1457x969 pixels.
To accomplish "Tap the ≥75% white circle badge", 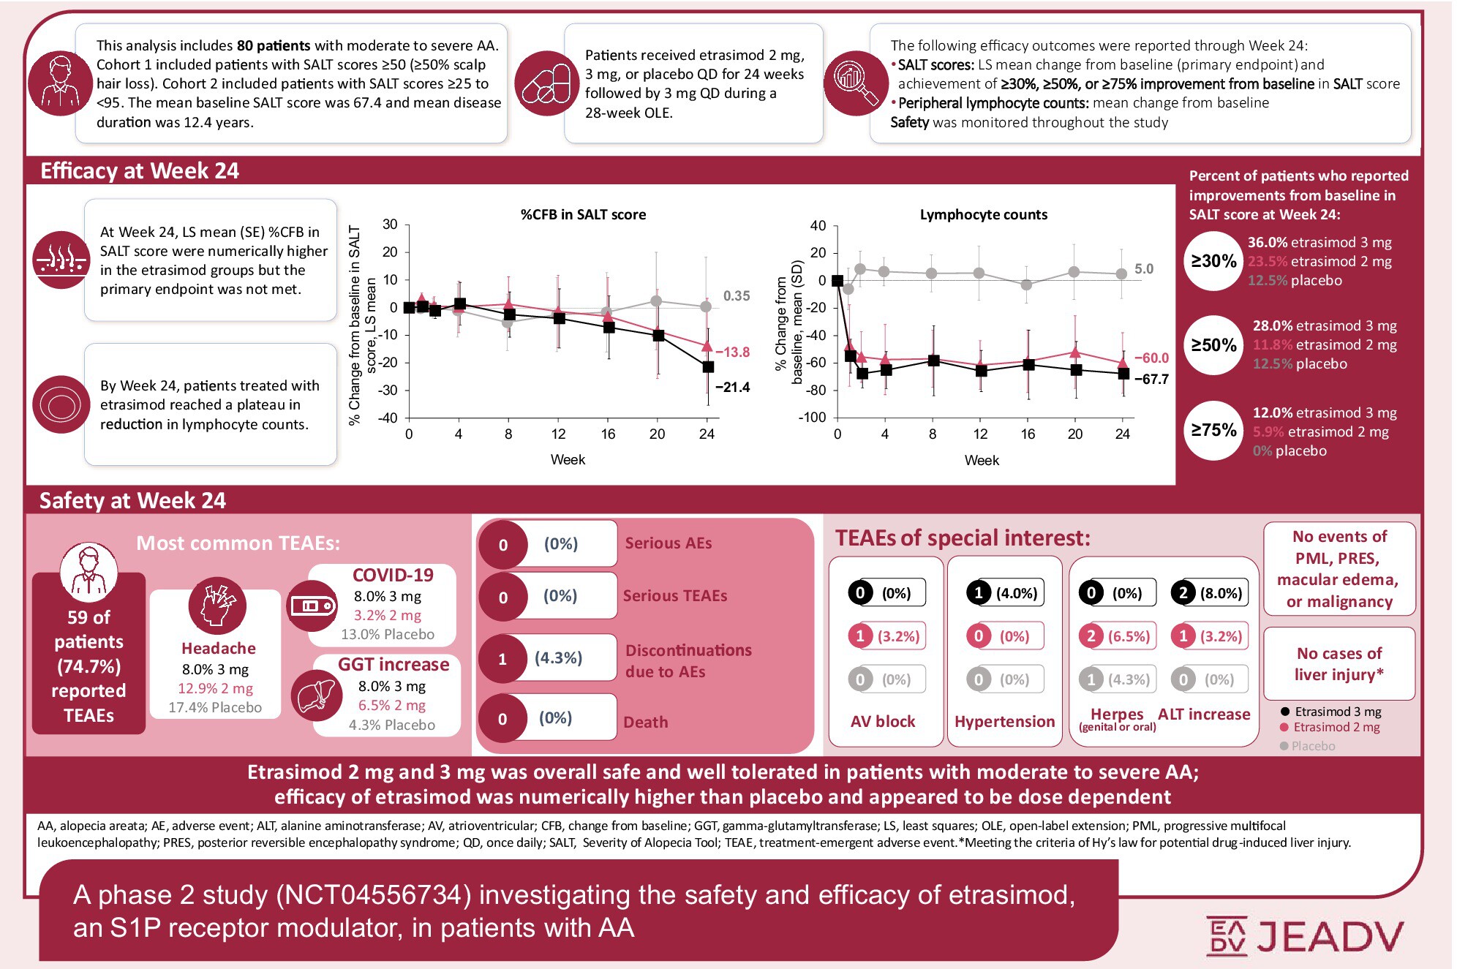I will coord(1213,430).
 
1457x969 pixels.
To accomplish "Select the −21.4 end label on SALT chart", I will coord(732,387).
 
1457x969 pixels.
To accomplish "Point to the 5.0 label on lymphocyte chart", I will coord(1143,269).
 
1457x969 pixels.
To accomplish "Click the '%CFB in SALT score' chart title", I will coord(583,214).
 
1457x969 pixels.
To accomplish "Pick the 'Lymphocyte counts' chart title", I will coord(983,214).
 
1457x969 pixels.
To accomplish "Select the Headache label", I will coord(218,648).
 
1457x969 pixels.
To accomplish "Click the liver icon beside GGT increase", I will coord(317,695).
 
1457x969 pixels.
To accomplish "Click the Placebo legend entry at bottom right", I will coord(1312,746).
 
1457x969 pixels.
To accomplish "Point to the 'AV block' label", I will coord(883,721).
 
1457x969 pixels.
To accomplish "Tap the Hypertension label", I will coord(1004,721).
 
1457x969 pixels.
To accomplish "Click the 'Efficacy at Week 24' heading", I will coord(140,171).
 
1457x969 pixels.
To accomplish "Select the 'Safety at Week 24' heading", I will coord(132,501).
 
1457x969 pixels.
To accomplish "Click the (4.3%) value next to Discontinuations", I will coord(558,658).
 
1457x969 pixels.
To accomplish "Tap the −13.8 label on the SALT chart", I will coord(732,352).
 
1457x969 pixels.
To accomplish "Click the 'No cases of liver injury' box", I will coord(1339,663).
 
